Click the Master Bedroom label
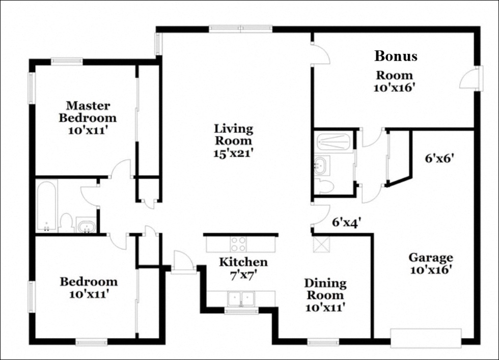tap(88, 112)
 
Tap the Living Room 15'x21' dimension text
tap(233, 153)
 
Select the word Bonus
tap(396, 56)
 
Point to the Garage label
tap(431, 257)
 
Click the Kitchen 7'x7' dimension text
tap(243, 275)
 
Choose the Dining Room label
tap(325, 289)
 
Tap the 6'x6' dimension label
tap(439, 158)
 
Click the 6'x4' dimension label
tap(346, 222)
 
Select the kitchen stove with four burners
tap(239, 244)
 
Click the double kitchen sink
tap(241, 299)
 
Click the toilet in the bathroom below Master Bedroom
tap(66, 223)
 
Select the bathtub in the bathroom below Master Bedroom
tap(46, 206)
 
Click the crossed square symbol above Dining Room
tap(322, 244)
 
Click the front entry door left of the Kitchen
tap(183, 262)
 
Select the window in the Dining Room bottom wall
tap(323, 343)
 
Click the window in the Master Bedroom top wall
tap(67, 61)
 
